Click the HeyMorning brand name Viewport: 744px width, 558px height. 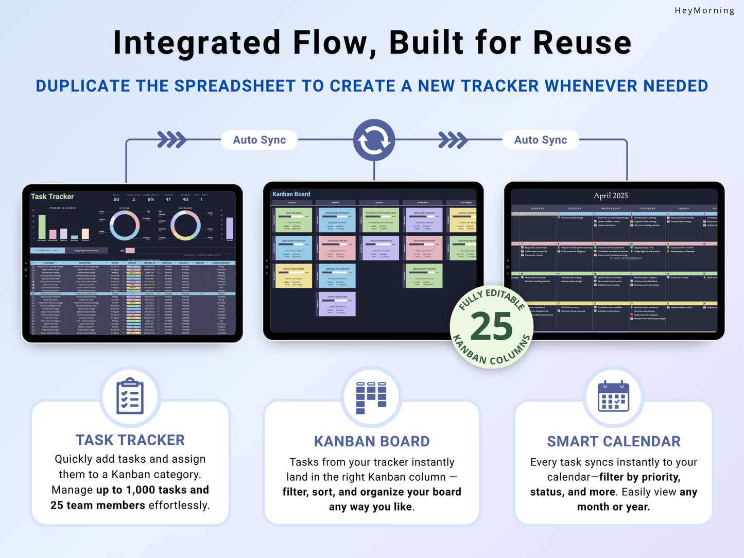(704, 10)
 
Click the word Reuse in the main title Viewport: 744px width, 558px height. (582, 43)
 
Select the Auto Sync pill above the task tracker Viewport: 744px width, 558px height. (259, 140)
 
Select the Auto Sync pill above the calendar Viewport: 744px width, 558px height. (541, 140)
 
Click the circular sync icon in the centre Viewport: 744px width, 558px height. (374, 140)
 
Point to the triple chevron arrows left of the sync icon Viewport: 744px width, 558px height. (172, 139)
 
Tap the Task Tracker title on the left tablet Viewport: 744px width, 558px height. (53, 197)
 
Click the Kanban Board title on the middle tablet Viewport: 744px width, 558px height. (291, 194)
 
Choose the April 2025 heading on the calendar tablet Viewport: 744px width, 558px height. (611, 196)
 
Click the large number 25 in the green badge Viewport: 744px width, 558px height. (492, 327)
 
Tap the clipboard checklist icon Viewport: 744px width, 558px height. (130, 396)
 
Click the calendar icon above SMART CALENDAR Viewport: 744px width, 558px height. (613, 396)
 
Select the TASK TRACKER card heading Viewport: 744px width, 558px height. (130, 440)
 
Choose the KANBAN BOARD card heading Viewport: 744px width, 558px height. (372, 442)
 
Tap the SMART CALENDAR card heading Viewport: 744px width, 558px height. (614, 442)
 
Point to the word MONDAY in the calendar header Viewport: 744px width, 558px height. (538, 208)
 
